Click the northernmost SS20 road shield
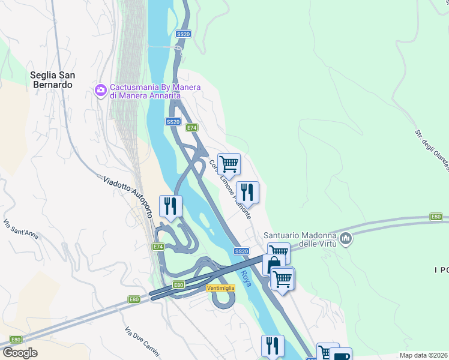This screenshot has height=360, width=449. click(x=184, y=35)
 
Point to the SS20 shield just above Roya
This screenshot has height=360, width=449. click(x=241, y=251)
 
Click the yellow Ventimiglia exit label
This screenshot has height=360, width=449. click(x=220, y=288)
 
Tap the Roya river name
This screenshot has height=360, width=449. click(x=245, y=275)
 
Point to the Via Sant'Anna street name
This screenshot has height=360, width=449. click(x=20, y=229)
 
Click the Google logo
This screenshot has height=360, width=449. click(x=20, y=352)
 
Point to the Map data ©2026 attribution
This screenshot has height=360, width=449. click(x=423, y=355)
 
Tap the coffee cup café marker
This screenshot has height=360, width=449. click(x=341, y=355)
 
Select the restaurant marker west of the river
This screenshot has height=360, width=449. click(x=170, y=206)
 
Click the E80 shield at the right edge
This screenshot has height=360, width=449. click(x=436, y=217)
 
